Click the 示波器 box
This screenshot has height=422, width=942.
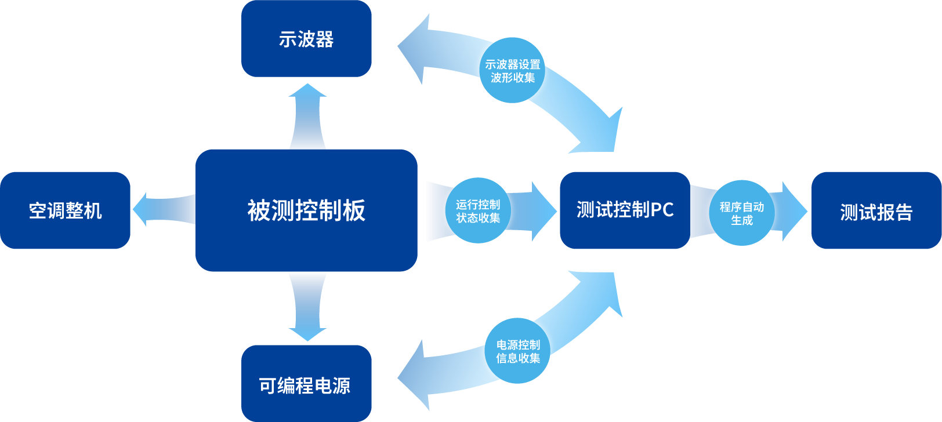click(306, 39)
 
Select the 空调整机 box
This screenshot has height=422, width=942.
click(65, 210)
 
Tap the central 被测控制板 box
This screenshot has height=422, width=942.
click(306, 210)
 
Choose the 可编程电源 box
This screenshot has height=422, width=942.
click(306, 384)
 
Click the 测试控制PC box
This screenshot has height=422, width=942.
click(625, 210)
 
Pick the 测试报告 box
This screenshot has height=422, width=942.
click(876, 210)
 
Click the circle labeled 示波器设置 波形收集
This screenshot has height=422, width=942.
click(512, 71)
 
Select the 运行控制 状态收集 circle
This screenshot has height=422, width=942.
click(478, 210)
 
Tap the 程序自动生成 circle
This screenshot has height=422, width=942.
click(741, 213)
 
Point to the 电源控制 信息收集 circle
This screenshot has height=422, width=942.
click(517, 351)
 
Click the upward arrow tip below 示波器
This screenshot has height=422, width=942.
click(307, 89)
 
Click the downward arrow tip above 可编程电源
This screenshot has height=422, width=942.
click(307, 334)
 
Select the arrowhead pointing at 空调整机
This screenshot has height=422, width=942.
click(140, 209)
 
